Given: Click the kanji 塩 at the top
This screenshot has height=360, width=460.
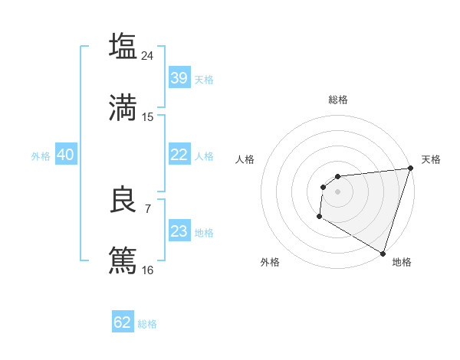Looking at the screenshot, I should (x=123, y=46).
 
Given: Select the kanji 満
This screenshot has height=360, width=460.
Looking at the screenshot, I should (x=123, y=108).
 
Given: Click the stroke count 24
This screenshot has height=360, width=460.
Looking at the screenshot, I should (x=148, y=55).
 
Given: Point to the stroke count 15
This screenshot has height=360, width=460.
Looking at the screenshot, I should (x=148, y=117).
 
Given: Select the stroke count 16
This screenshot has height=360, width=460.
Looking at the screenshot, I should (x=148, y=270).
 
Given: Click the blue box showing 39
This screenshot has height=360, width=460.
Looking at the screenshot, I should (x=179, y=78).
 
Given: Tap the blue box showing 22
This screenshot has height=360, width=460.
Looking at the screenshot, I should (x=179, y=155).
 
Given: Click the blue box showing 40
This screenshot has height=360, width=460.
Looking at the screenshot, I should (x=65, y=155).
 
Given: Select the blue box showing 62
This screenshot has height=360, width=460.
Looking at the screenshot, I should (x=123, y=322).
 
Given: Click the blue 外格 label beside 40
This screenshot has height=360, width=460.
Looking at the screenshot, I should (x=41, y=155).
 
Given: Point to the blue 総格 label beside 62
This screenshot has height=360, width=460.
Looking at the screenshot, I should (x=147, y=323).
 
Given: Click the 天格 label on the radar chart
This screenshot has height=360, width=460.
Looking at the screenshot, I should (x=431, y=159).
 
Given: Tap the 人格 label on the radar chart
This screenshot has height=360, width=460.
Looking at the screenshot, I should (x=245, y=159).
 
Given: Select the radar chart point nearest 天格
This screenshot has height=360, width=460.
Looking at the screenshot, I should (x=410, y=169).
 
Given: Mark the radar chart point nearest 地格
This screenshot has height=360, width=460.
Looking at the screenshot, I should (x=382, y=252).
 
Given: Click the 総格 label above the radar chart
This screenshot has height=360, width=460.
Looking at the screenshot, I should (x=338, y=100).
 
